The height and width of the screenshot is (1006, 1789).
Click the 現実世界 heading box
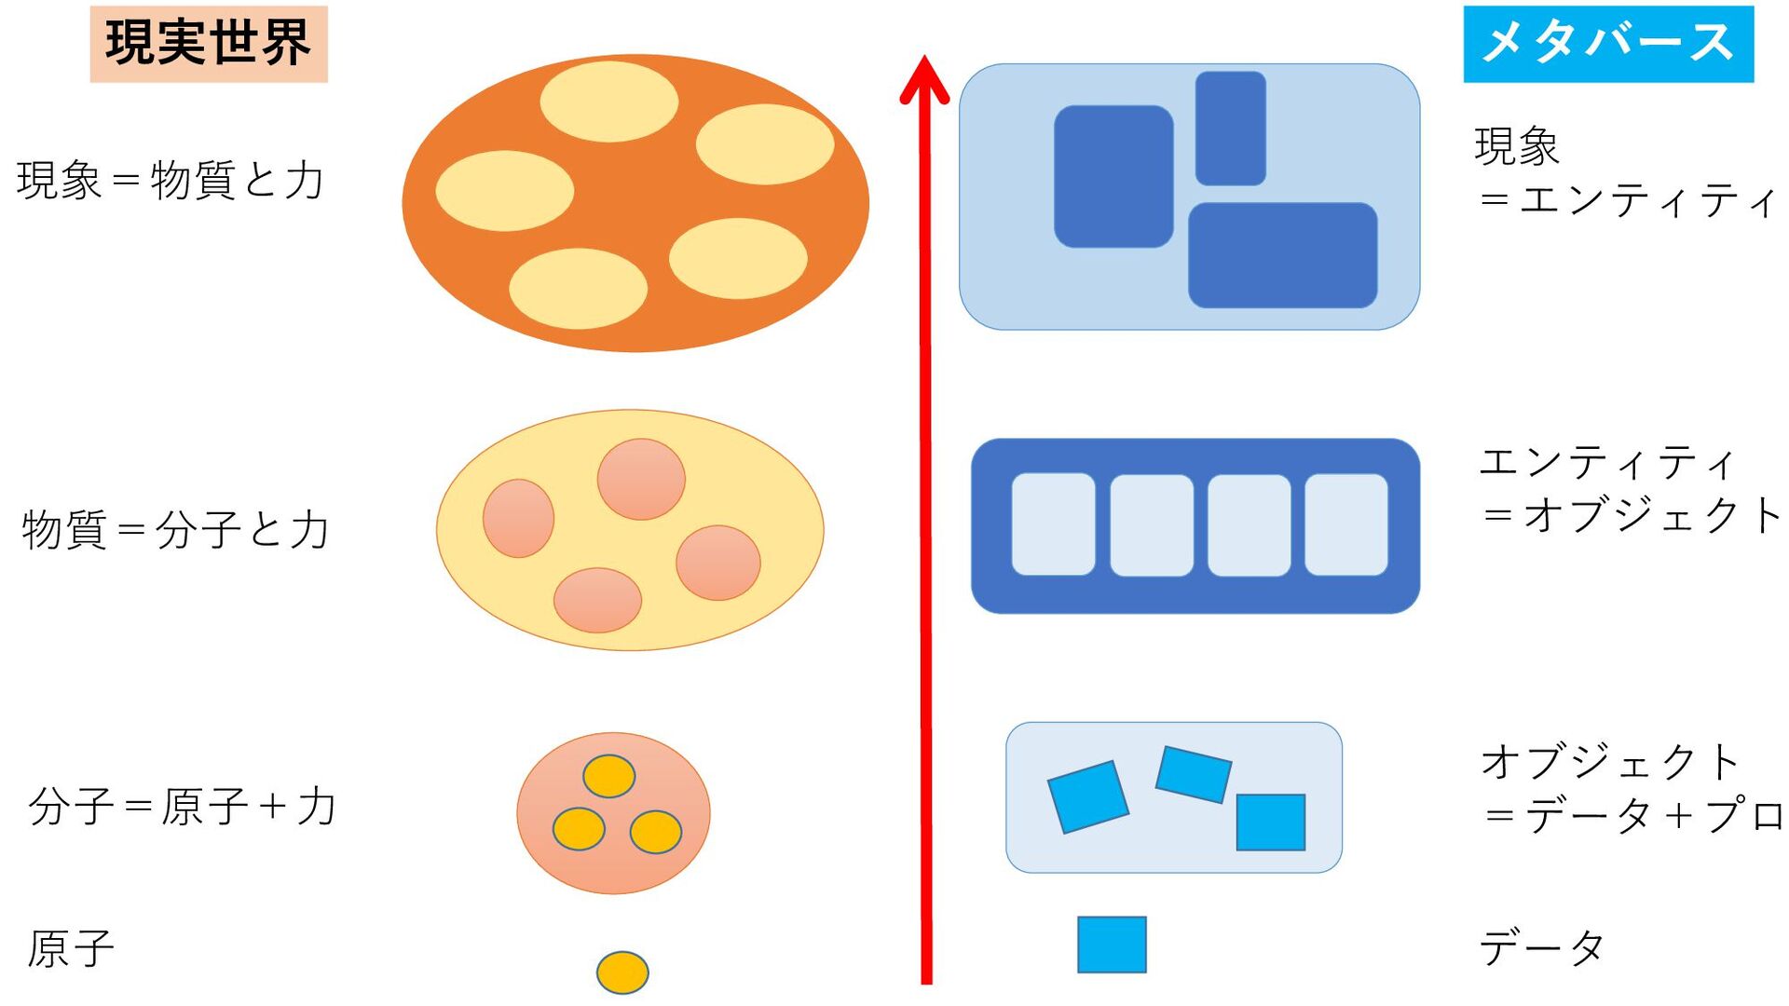tap(209, 44)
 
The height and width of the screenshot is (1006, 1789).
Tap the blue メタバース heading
tap(1608, 44)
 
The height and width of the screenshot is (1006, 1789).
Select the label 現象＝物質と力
tap(171, 180)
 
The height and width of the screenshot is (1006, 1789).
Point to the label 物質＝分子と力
tap(176, 529)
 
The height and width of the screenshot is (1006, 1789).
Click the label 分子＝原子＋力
tap(182, 806)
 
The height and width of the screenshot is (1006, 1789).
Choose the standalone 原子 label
tap(71, 948)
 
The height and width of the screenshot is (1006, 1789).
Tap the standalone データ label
tap(1542, 948)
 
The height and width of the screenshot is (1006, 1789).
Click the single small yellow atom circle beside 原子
tap(622, 972)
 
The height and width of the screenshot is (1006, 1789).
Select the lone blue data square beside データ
tap(1112, 945)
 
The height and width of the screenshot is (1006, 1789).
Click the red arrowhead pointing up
tap(924, 78)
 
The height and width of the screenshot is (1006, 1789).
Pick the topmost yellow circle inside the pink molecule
tap(609, 776)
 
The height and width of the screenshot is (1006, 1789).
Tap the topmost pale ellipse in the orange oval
tap(609, 102)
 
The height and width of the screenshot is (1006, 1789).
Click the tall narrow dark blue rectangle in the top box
tap(1230, 129)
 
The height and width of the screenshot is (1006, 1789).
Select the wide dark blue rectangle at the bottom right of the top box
tap(1282, 255)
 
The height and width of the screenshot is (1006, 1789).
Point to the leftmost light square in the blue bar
tap(1054, 524)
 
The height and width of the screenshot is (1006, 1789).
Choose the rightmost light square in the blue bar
tap(1345, 524)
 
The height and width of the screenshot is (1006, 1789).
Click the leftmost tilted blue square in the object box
tap(1087, 796)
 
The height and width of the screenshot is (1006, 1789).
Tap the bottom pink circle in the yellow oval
tap(597, 600)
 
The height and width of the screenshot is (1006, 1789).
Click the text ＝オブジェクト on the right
tap(1632, 515)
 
